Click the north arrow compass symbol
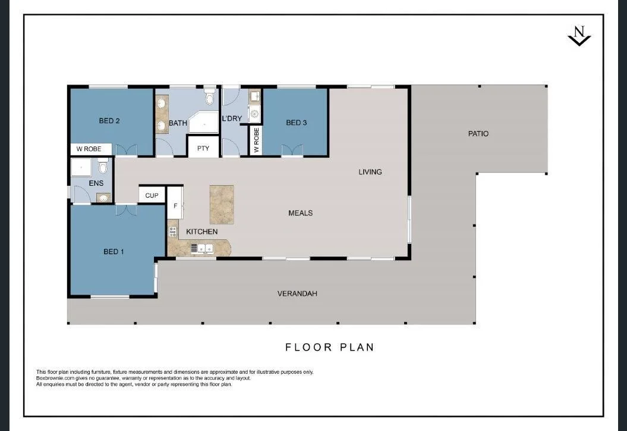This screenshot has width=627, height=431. pos(579,36)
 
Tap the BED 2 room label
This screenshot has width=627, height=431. pos(109,121)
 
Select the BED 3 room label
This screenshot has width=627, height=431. pos(296,123)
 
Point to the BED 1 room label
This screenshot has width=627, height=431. pos(114,252)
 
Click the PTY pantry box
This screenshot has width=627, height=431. pos(203,148)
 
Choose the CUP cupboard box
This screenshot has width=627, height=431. pos(152,195)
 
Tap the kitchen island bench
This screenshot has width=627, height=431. pos(222,204)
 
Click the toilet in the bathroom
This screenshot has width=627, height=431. pos(209,97)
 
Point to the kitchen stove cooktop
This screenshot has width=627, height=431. pos(172,231)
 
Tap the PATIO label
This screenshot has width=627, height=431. pos(478,134)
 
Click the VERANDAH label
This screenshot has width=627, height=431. pos(297,293)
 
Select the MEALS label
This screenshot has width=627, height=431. pos(300,213)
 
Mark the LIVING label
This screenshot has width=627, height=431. pos(370,172)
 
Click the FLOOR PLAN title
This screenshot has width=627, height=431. pos(330,347)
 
